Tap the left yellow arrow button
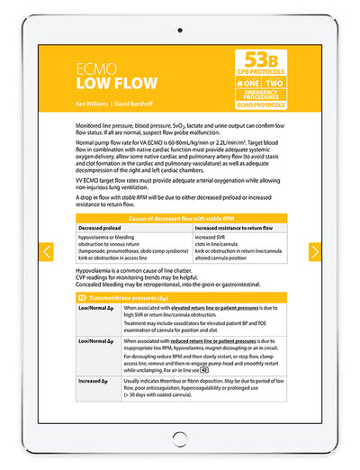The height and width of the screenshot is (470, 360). (x=47, y=252)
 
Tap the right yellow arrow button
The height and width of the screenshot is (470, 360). (x=314, y=252)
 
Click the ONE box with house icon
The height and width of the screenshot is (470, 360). (x=245, y=83)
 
